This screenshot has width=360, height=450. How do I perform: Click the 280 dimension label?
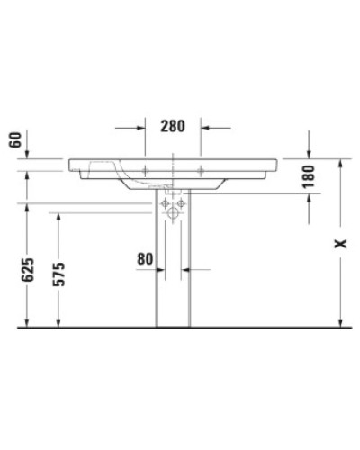172,125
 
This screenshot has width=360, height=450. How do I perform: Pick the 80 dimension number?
146,259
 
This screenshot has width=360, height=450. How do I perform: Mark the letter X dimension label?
339,244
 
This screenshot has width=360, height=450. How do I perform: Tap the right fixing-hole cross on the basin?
201,168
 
